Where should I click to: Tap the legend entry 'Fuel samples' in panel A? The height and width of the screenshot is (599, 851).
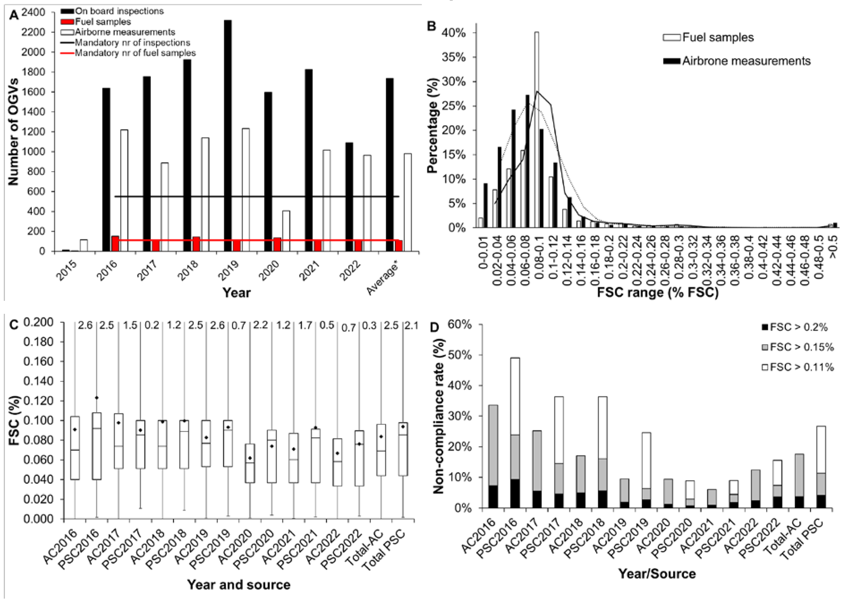103,21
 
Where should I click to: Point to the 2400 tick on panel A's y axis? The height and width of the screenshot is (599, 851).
33,12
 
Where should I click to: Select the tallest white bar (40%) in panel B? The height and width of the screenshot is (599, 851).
536,130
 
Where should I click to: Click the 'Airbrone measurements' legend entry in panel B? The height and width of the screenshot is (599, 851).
746,61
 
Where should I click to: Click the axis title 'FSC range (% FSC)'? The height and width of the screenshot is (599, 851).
658,293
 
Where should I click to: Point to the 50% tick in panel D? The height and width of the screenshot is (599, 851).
460,355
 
